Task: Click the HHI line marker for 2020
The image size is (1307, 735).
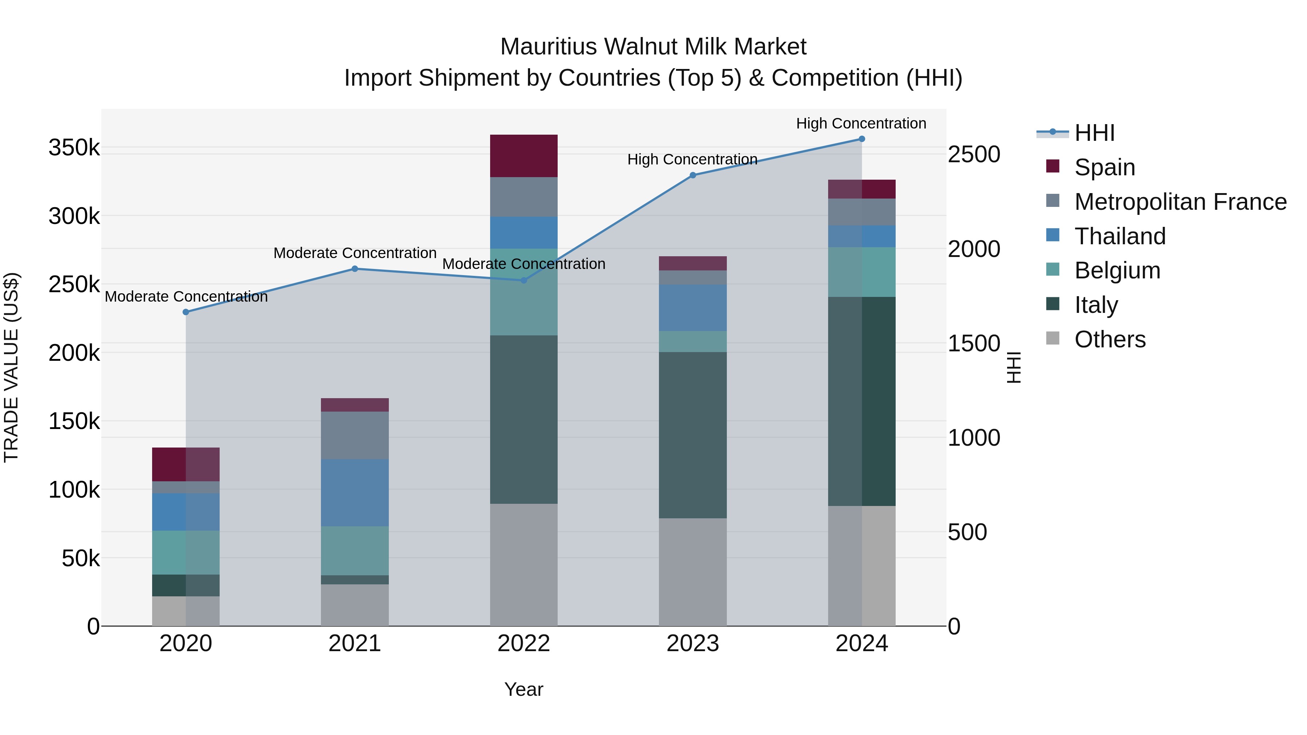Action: [186, 312]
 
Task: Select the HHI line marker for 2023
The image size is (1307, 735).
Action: [693, 175]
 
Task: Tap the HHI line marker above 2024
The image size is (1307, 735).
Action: [862, 139]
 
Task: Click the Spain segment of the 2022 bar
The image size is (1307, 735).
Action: [524, 156]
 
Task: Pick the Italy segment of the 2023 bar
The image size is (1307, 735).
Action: [693, 435]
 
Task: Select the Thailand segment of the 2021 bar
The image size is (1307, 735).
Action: [355, 493]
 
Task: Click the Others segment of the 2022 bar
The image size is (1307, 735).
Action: [524, 564]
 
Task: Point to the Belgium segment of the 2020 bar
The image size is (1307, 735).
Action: [186, 552]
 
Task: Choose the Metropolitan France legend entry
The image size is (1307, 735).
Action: [1180, 202]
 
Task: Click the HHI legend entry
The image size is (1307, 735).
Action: [1094, 133]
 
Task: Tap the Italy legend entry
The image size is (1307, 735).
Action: [1096, 305]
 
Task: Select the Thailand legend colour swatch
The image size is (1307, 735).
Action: [1053, 235]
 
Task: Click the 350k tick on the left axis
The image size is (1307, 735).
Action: [74, 148]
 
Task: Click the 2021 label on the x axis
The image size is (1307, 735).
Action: [355, 644]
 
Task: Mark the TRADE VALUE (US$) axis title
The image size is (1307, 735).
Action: [12, 367]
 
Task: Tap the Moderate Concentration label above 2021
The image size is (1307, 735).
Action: [355, 253]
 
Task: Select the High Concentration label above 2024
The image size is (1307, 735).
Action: [861, 123]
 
